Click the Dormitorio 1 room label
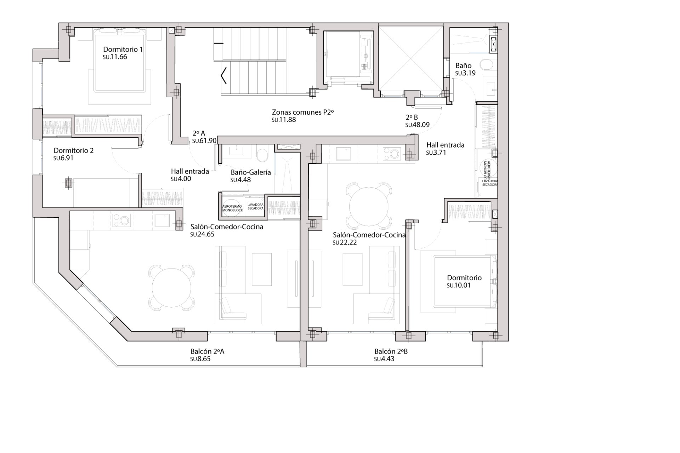coord(123,49)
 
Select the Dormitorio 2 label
coord(73,150)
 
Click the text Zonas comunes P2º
coord(303,112)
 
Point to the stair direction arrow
coord(223,75)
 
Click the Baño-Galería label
coord(251,172)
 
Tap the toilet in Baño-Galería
coord(262,155)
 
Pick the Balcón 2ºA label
coord(207,351)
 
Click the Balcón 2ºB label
coord(391,351)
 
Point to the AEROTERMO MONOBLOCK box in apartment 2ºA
coord(232,208)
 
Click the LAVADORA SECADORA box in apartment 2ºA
coord(255,206)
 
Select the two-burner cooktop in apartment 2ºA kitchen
coord(121,220)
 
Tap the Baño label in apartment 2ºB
coord(463,65)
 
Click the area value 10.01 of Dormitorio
coord(459,286)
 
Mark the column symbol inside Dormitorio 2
coord(68,183)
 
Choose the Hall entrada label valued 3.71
coord(445,145)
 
